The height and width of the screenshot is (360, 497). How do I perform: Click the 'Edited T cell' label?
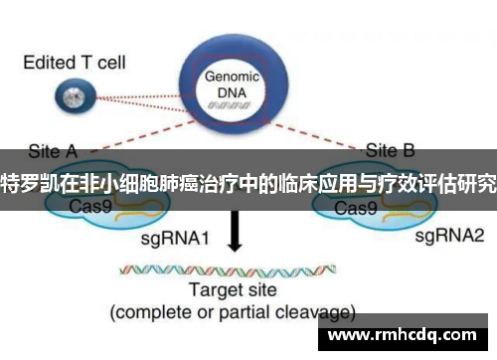74,62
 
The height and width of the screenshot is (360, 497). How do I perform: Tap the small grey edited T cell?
71,97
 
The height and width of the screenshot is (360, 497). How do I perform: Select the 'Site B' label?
392,152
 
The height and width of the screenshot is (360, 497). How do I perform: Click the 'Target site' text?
236,291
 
